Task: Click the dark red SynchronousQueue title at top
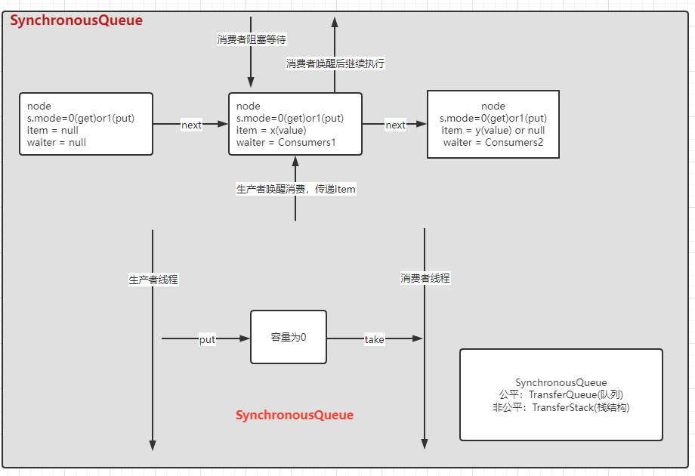point(76,20)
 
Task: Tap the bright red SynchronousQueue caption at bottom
point(295,415)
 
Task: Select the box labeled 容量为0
point(289,337)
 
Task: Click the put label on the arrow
point(207,339)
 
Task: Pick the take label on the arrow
point(374,339)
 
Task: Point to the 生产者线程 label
point(153,280)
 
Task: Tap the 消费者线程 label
point(425,278)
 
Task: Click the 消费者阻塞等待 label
point(251,39)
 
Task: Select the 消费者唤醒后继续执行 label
point(335,63)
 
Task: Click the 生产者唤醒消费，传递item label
point(296,189)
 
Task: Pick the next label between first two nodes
point(192,125)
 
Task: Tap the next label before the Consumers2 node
point(395,125)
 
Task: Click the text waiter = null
point(57,142)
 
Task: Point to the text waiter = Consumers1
point(286,142)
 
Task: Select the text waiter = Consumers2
point(493,142)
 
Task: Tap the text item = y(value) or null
point(493,130)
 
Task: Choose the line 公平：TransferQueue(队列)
point(561,395)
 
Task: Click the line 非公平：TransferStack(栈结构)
point(561,407)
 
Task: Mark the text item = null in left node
point(48,130)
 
